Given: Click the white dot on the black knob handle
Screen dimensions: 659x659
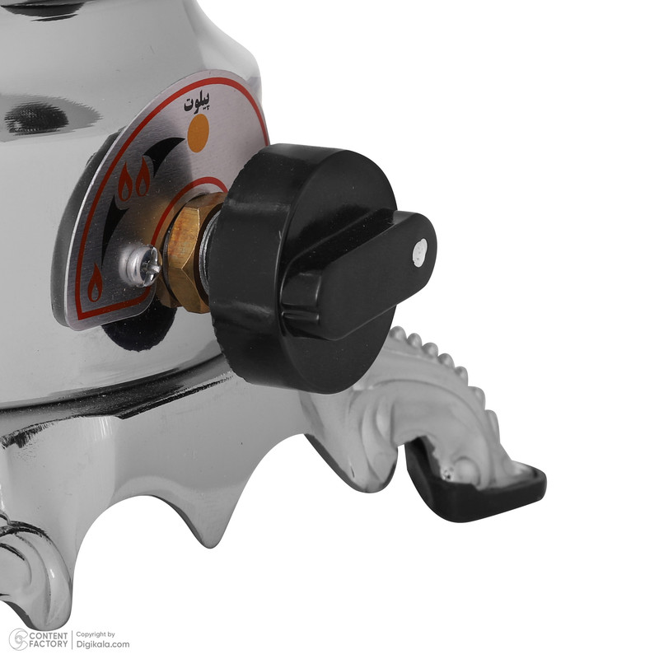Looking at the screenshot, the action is (x=420, y=253).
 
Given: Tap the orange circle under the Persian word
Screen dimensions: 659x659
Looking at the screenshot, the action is (x=198, y=133).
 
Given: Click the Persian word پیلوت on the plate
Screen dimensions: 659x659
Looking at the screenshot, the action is (x=197, y=102).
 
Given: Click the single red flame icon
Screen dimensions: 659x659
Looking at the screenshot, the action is (x=95, y=283).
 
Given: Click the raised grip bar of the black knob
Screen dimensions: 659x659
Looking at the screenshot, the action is (x=359, y=275).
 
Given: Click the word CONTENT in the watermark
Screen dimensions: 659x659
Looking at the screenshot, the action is (x=49, y=636).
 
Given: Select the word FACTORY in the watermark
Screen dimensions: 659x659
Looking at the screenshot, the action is (x=49, y=644).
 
